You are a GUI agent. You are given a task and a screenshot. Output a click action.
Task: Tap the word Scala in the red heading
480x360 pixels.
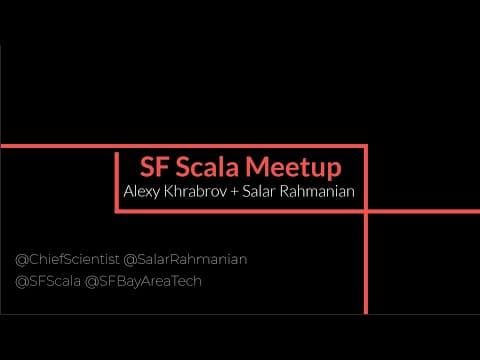207,167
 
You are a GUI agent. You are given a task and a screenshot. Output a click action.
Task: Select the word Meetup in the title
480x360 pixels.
294,168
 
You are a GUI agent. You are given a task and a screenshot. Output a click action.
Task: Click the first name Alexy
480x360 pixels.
141,192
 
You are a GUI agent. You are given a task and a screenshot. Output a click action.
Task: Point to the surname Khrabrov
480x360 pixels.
195,191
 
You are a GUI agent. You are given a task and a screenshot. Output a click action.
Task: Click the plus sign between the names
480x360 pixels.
234,192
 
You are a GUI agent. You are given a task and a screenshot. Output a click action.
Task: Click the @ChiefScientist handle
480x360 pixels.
67,260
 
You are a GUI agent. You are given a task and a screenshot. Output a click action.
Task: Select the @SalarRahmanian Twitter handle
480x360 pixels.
185,260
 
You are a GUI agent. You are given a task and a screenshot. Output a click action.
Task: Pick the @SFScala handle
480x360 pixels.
48,282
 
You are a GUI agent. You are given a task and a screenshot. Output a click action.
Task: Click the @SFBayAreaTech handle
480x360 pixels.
143,282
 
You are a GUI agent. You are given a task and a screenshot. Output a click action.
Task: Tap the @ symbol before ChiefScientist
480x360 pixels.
22,260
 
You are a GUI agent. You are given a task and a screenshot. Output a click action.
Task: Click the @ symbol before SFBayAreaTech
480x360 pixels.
92,282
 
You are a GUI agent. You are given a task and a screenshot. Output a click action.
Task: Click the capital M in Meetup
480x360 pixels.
258,167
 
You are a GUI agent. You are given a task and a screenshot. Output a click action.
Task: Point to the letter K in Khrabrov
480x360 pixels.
169,191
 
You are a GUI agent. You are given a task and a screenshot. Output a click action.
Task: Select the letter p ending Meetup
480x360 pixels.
334,171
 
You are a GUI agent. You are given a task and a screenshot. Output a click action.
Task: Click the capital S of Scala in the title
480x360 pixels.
183,167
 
